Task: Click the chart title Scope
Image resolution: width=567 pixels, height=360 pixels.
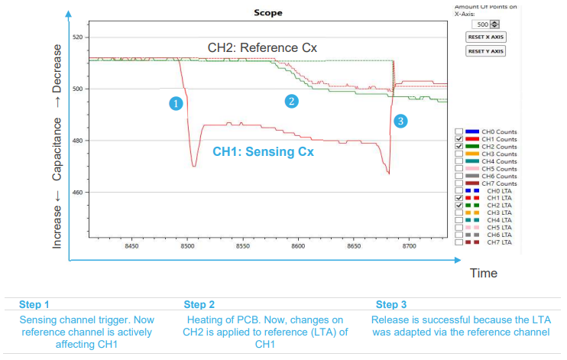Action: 267,13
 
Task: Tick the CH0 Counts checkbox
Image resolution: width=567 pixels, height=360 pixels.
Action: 458,131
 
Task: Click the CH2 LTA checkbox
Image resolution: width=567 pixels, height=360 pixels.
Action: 458,206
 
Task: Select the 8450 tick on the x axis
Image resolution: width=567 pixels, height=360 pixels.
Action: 131,247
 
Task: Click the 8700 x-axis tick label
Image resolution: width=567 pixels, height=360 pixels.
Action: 409,247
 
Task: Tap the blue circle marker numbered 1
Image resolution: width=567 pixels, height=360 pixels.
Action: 176,102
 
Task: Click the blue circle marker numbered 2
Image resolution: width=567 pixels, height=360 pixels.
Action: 291,101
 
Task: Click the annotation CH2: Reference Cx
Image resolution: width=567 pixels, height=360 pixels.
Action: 262,48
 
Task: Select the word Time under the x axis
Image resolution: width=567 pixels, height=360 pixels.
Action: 483,273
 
